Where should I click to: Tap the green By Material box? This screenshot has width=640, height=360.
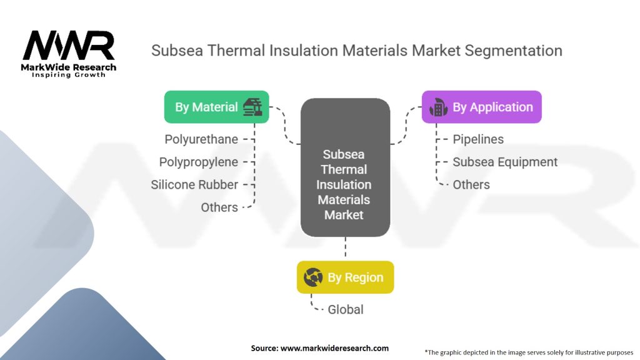coord(216,107)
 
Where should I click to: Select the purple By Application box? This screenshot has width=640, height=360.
coord(481,107)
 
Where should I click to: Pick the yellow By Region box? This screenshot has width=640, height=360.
coord(345,277)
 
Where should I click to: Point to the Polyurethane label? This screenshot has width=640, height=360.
coord(201,139)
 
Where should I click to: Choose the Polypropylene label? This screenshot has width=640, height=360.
coord(199,162)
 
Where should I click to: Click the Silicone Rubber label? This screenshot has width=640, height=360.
coord(194,184)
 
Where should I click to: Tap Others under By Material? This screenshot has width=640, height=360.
coord(219,207)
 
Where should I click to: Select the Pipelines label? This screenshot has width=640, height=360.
coord(478,139)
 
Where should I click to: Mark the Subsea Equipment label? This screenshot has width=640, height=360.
coord(505,162)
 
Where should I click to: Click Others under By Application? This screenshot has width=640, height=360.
coord(471,184)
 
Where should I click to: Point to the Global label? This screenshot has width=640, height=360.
coord(346,309)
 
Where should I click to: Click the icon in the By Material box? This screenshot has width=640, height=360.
coord(252,106)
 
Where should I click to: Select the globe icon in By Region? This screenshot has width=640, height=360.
coord(312,277)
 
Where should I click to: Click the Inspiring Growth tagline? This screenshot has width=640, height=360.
coord(69,75)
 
